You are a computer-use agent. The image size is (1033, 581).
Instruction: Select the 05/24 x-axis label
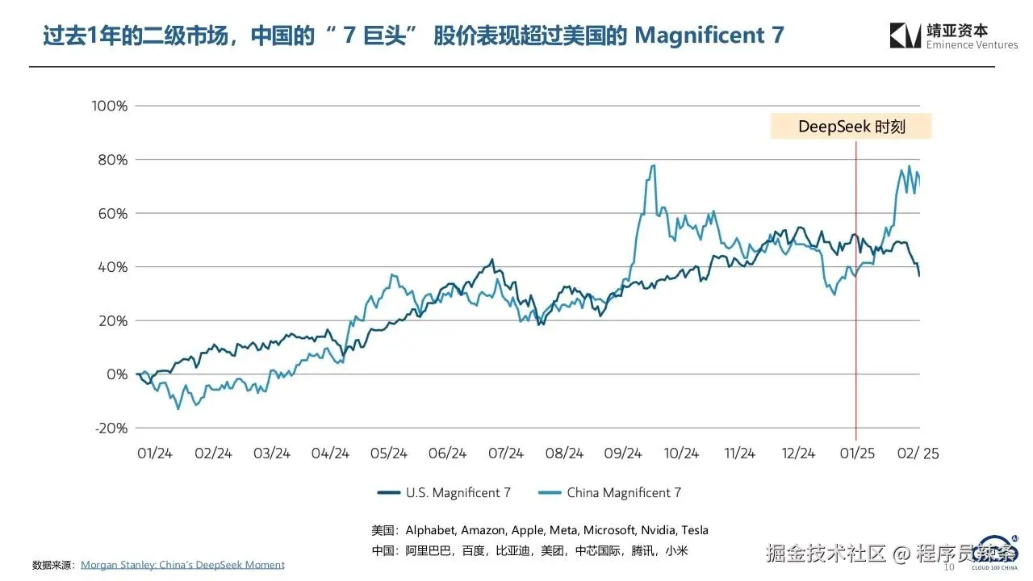[x=389, y=454]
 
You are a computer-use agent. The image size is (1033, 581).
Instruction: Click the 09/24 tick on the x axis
[x=623, y=454]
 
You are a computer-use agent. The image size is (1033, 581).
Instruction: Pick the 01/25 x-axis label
[x=858, y=454]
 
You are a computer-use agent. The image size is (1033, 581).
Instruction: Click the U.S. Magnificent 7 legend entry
[x=444, y=492]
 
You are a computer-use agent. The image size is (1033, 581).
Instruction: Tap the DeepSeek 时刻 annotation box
[x=851, y=127]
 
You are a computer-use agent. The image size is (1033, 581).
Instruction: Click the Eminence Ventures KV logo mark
[x=905, y=36]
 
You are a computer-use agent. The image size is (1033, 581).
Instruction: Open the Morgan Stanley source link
[x=182, y=565]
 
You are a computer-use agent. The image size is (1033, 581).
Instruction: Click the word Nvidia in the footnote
[x=657, y=530]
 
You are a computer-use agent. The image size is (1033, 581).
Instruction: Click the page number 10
[x=949, y=566]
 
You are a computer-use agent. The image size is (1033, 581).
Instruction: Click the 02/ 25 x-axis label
[x=918, y=454]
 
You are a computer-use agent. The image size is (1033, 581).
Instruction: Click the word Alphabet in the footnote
[x=432, y=530]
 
